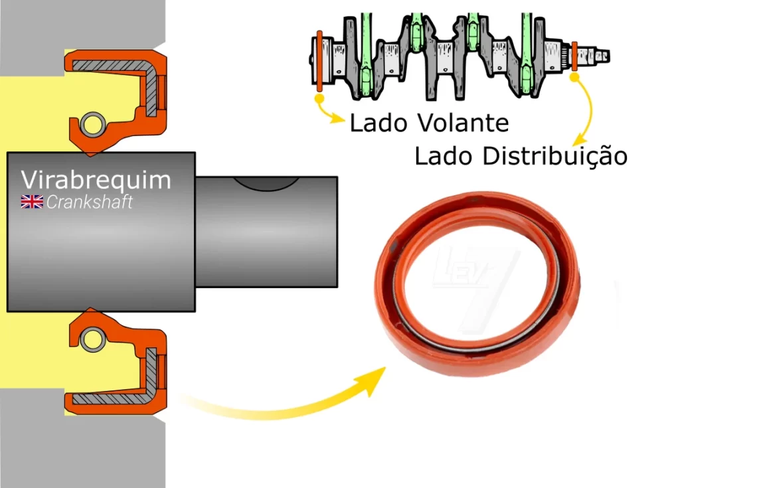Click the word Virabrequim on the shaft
tap(96, 180)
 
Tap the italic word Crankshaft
tap(89, 203)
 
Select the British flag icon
tap(32, 202)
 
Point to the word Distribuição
tap(554, 157)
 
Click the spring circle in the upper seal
tap(91, 123)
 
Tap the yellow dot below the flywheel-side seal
tap(319, 99)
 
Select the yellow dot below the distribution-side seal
tap(575, 78)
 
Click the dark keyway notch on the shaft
tap(265, 183)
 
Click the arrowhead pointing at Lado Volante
tap(339, 120)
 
